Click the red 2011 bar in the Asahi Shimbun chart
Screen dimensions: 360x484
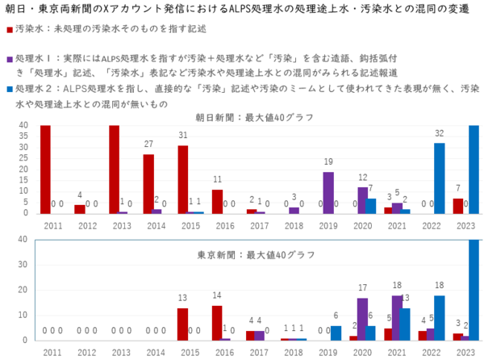click(x=45, y=170)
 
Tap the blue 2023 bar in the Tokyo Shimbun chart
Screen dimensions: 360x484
click(x=474, y=290)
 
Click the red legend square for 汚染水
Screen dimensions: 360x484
click(x=9, y=29)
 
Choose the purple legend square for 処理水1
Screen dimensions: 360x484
click(x=9, y=59)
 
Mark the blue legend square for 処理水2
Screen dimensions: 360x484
click(x=9, y=90)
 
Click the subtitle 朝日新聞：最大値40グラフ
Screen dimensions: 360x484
click(x=253, y=117)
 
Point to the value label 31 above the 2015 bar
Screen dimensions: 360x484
click(x=183, y=136)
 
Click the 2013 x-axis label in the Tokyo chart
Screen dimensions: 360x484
click(x=122, y=353)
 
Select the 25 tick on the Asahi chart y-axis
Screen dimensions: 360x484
click(x=22, y=158)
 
